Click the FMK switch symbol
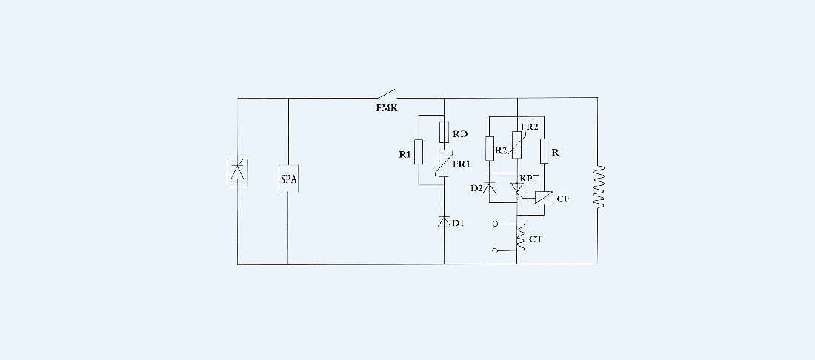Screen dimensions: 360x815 (x=387, y=94)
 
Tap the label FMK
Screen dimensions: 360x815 (x=387, y=108)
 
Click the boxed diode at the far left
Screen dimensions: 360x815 (x=237, y=172)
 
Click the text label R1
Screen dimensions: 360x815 (x=405, y=154)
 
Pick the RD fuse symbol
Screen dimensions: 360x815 (x=444, y=133)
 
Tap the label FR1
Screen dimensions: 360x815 (x=462, y=162)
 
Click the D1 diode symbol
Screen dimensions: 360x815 (x=444, y=221)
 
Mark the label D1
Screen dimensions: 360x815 (x=459, y=224)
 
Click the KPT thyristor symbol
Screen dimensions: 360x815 (x=517, y=190)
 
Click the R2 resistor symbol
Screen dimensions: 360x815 (x=489, y=149)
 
